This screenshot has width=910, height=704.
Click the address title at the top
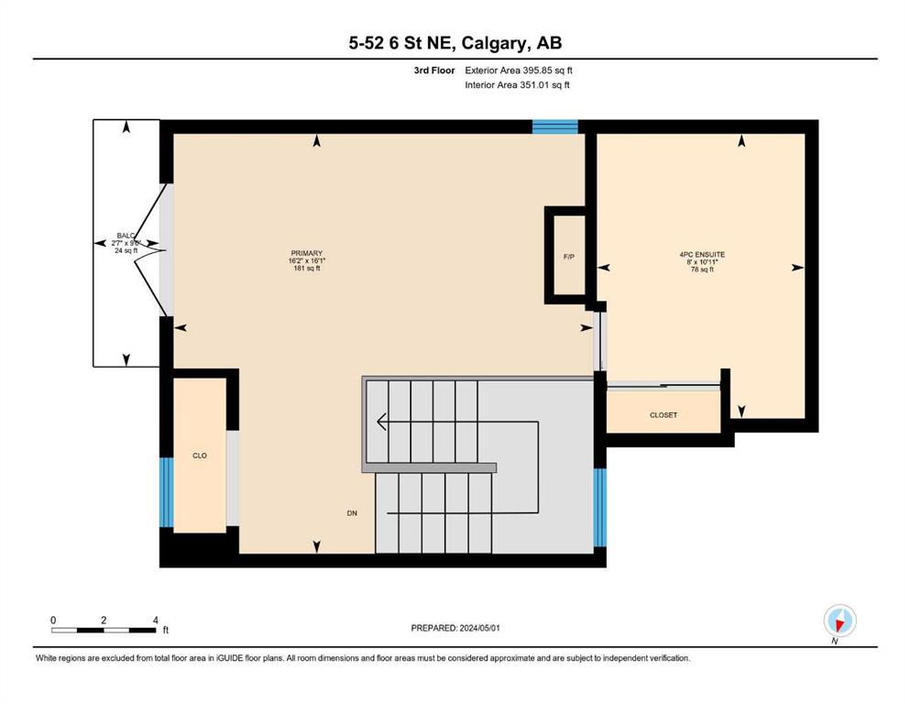pyautogui.click(x=455, y=43)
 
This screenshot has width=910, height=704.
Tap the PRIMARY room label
pyautogui.click(x=306, y=253)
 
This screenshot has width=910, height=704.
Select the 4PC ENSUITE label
pyautogui.click(x=702, y=254)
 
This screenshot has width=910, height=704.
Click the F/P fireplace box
pyautogui.click(x=569, y=256)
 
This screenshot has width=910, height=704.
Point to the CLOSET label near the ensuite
pyautogui.click(x=663, y=415)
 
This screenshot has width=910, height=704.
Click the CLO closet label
pyautogui.click(x=200, y=456)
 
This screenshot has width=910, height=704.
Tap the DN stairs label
pyautogui.click(x=352, y=513)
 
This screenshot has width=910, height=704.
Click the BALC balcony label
pyautogui.click(x=126, y=236)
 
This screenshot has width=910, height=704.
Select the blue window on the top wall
pyautogui.click(x=555, y=126)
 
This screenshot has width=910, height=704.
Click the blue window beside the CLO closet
pyautogui.click(x=167, y=492)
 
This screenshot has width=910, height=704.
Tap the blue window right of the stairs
pyautogui.click(x=600, y=507)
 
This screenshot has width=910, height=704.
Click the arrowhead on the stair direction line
pyautogui.click(x=381, y=422)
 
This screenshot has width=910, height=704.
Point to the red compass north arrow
pyautogui.click(x=839, y=623)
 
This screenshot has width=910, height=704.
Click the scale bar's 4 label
pyautogui.click(x=156, y=620)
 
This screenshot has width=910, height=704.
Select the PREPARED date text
pyautogui.click(x=455, y=628)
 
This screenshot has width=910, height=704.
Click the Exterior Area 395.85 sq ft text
pyautogui.click(x=519, y=71)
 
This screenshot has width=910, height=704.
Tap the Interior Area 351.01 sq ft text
pyautogui.click(x=517, y=84)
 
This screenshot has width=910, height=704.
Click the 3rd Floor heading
pyautogui.click(x=434, y=71)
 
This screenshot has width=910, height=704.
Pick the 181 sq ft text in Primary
pyautogui.click(x=307, y=269)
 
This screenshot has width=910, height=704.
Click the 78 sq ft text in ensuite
pyautogui.click(x=702, y=269)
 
